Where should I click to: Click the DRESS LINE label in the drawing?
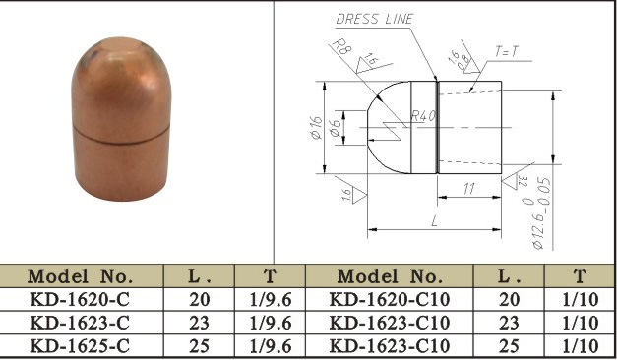tap(375, 19)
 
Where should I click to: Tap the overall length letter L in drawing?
tap(433, 222)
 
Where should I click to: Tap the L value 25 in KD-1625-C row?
tap(198, 345)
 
